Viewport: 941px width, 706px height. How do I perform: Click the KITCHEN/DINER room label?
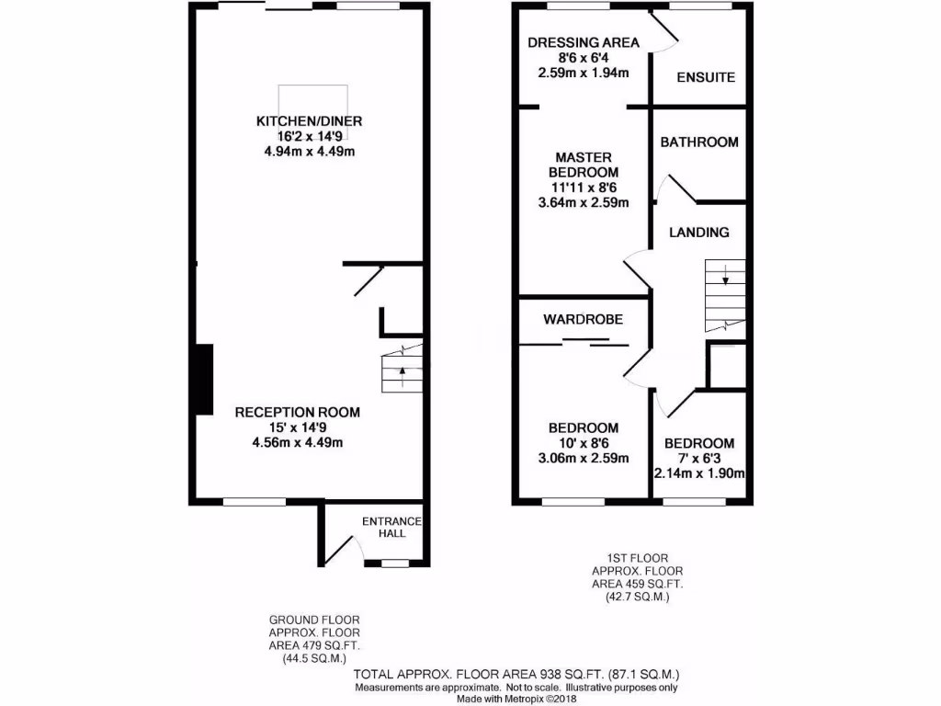tap(308, 121)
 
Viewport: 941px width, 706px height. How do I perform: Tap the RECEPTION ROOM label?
tap(297, 413)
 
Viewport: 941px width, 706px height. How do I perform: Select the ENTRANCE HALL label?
tap(391, 528)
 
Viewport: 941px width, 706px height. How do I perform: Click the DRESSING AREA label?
tap(584, 42)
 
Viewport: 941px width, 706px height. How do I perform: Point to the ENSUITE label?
tap(706, 77)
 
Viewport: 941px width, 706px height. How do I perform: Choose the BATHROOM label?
tap(699, 142)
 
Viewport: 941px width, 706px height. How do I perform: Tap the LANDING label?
tap(698, 233)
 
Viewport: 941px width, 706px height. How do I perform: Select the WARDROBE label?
tap(584, 319)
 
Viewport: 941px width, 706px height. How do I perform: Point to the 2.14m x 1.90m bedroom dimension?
tap(698, 473)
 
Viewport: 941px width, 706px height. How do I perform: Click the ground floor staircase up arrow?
tap(402, 372)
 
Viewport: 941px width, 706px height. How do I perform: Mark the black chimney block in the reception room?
tap(202, 380)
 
